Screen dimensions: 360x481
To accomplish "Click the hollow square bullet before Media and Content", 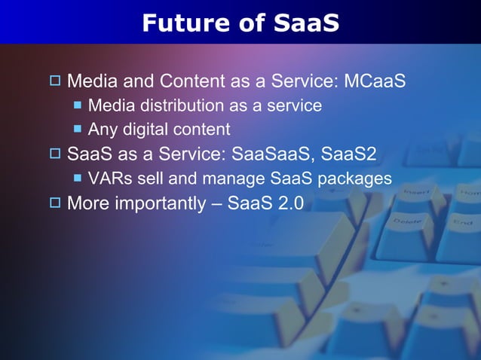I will point(55,81).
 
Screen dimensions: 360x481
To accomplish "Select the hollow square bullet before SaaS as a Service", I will point(55,154).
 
